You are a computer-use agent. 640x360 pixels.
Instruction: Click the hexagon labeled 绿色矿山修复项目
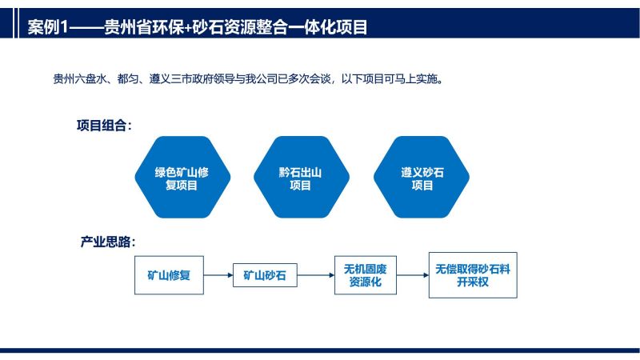pyautogui.click(x=182, y=177)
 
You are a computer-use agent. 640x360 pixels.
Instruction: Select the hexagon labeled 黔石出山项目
pyautogui.click(x=302, y=177)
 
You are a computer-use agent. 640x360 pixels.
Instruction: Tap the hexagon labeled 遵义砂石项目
pyautogui.click(x=422, y=177)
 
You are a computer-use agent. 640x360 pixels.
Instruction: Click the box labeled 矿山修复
pyautogui.click(x=169, y=275)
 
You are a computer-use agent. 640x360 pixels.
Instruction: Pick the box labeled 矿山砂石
pyautogui.click(x=265, y=275)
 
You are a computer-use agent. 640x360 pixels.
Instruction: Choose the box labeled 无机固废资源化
pyautogui.click(x=366, y=275)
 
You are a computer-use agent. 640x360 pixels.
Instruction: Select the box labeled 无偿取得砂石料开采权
pyautogui.click(x=473, y=275)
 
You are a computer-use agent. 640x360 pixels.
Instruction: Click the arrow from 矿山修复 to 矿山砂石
pyautogui.click(x=218, y=275)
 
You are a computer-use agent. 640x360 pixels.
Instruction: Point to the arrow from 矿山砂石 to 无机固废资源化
pyautogui.click(x=316, y=275)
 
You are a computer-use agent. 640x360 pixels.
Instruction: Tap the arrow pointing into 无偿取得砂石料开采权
pyautogui.click(x=413, y=275)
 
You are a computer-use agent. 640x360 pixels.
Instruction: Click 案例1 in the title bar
pyautogui.click(x=47, y=27)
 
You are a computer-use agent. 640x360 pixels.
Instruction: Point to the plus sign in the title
pyautogui.click(x=188, y=28)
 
